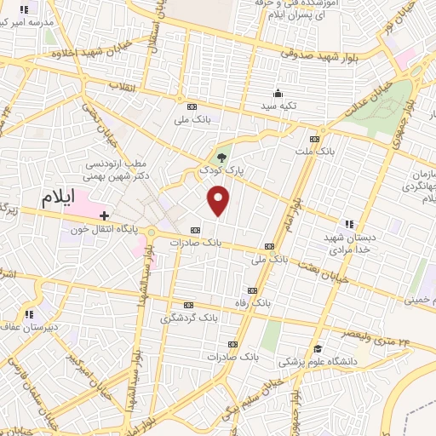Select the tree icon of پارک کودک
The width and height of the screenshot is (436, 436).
coord(222,157)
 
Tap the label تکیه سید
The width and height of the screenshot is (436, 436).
coord(278,106)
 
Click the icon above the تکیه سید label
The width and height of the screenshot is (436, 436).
coord(278,94)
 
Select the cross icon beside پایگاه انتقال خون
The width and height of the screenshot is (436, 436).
coord(104,216)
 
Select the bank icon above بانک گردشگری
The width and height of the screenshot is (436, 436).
coord(188,305)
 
